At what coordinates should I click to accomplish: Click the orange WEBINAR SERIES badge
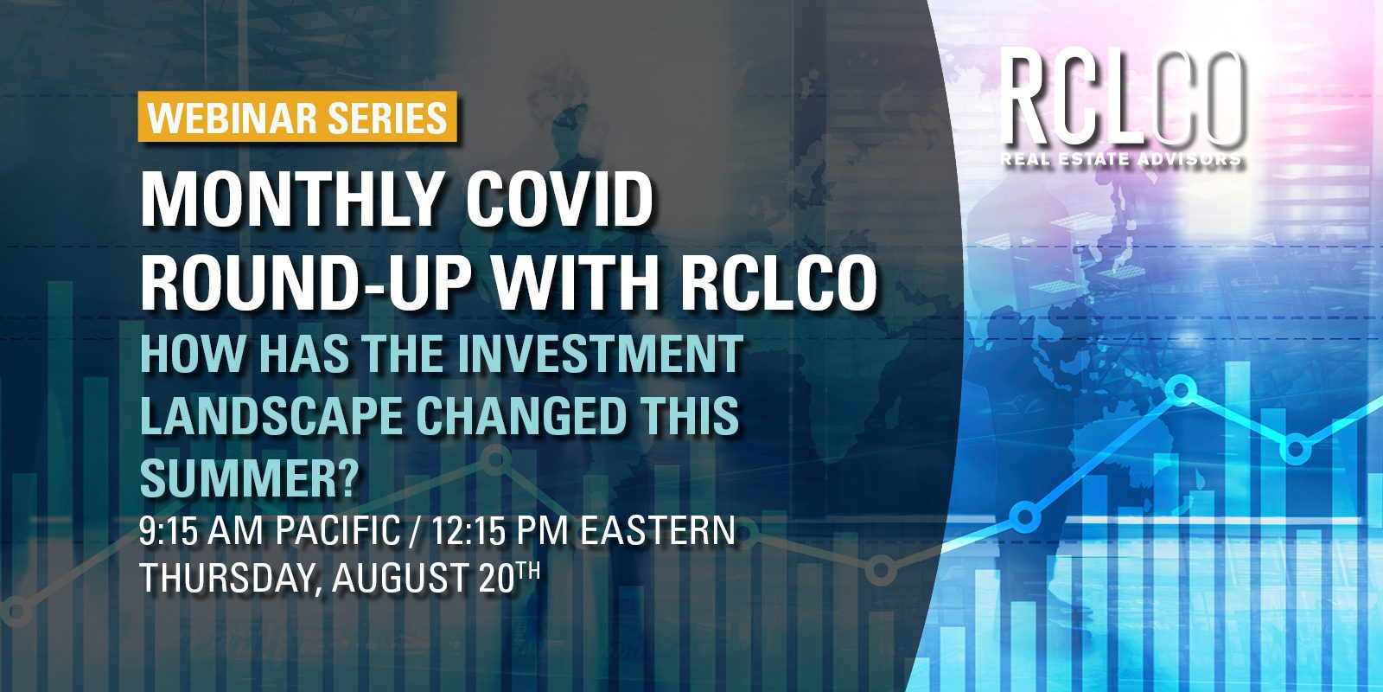(x=297, y=117)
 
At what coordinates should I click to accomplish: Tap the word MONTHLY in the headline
(x=289, y=200)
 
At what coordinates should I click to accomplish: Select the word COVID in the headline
(x=559, y=200)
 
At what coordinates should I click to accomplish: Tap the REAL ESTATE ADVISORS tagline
(x=1121, y=159)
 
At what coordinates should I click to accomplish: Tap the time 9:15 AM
(x=201, y=530)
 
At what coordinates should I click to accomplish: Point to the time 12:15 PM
(x=499, y=530)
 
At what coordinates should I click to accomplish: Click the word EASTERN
(x=657, y=530)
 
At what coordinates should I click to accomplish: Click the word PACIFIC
(x=338, y=530)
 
